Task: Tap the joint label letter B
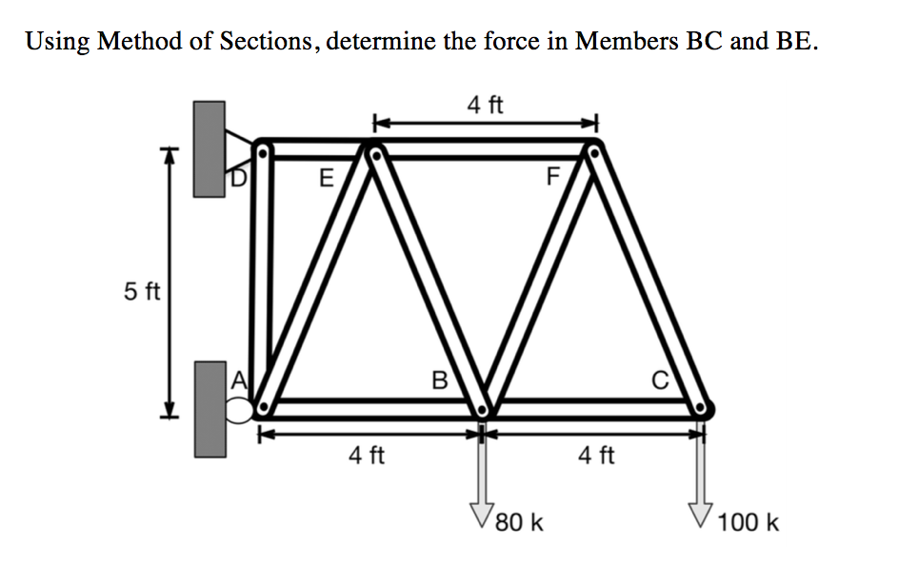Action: (x=439, y=381)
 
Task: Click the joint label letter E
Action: (x=326, y=178)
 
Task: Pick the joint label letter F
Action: (x=551, y=178)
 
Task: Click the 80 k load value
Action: (x=520, y=522)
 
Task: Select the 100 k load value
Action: (x=748, y=522)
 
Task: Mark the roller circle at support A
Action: (x=239, y=410)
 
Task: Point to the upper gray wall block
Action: (x=210, y=149)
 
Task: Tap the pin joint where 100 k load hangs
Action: (x=703, y=409)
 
